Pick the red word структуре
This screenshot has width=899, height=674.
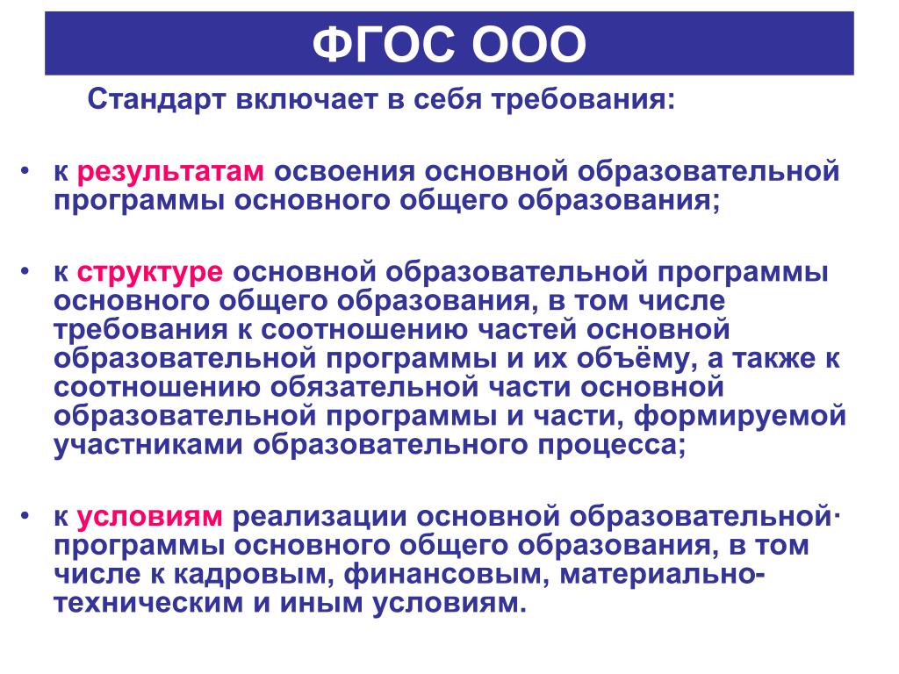click(149, 272)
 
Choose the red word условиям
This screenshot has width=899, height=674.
click(149, 517)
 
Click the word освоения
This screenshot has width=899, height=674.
click(344, 171)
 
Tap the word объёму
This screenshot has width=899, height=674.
click(637, 359)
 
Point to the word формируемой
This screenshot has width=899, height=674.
click(739, 416)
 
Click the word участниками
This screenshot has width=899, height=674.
click(148, 445)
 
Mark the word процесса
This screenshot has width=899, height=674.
click(612, 445)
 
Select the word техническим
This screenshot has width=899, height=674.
click(148, 603)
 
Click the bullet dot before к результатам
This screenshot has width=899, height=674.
click(24, 169)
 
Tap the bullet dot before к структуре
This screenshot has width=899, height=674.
click(24, 270)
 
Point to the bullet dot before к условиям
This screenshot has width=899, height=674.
click(24, 514)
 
